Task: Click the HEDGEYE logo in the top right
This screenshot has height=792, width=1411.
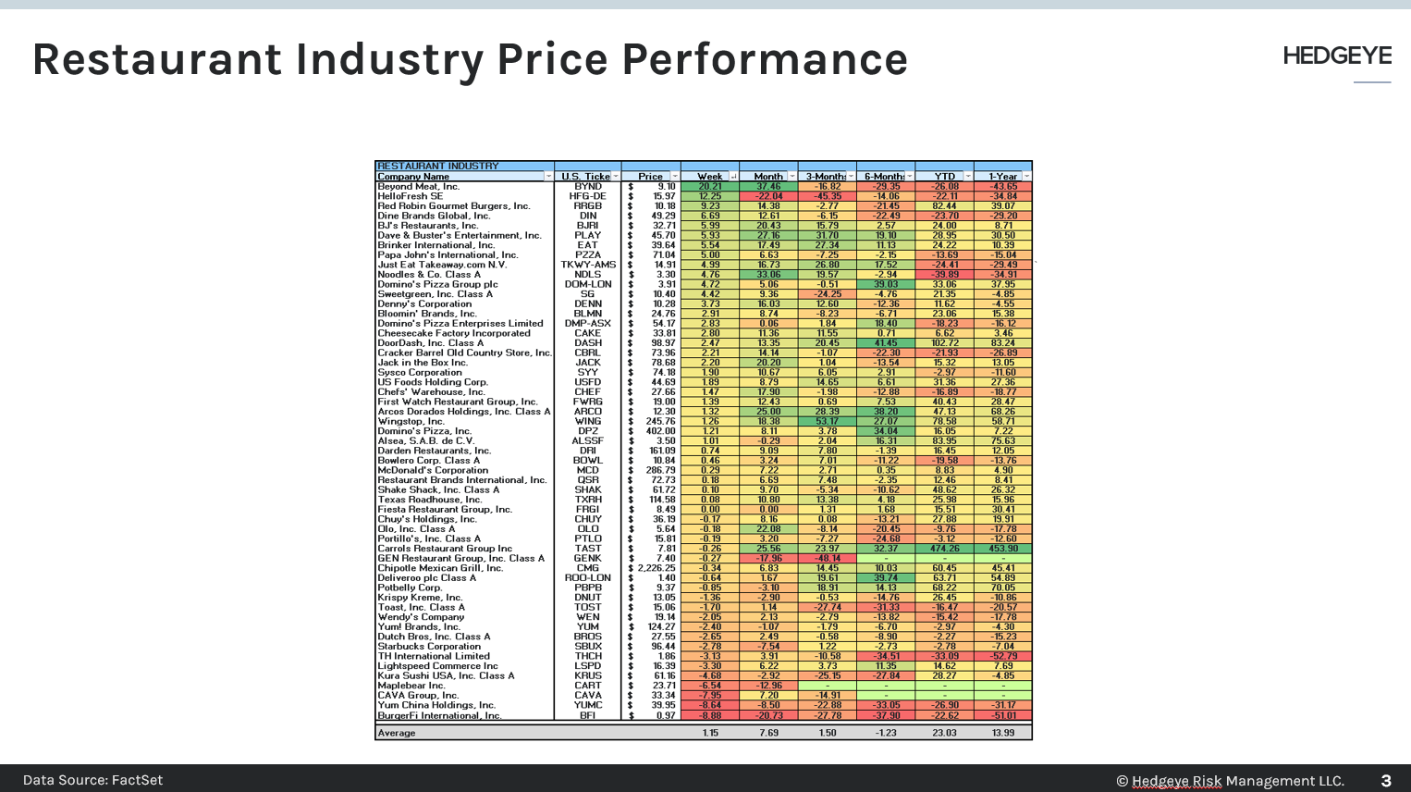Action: [x=1336, y=56]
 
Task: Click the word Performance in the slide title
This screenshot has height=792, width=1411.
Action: [x=765, y=59]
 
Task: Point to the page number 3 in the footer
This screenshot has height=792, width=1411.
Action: [x=1385, y=781]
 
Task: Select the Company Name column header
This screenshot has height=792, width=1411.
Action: [x=413, y=177]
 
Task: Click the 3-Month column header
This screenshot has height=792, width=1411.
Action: [x=825, y=177]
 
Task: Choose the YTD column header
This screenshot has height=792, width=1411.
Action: [x=944, y=177]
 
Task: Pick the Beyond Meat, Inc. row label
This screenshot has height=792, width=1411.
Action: [x=418, y=186]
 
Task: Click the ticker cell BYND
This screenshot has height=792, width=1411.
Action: [x=588, y=186]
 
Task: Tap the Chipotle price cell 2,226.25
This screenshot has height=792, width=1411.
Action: [x=656, y=568]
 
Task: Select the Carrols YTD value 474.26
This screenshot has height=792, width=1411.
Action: [x=944, y=549]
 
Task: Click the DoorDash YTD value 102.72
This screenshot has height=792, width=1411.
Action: [x=944, y=343]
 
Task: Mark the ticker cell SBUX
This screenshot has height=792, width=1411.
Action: [x=588, y=646]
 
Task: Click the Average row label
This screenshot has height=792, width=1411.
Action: [x=397, y=733]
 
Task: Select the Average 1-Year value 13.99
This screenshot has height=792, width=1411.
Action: [x=1003, y=733]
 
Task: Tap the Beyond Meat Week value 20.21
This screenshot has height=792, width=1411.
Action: [x=709, y=186]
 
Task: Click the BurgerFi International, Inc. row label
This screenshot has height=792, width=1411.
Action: [x=439, y=715]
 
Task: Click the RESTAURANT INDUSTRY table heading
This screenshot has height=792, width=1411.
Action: [x=438, y=167]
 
